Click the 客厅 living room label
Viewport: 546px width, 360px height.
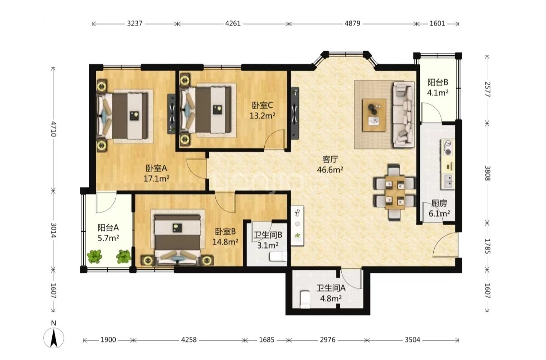point(330,160)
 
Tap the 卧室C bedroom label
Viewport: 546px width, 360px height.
point(262,106)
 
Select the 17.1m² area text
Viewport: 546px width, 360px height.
point(156,179)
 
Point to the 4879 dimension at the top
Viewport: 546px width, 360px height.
point(353,24)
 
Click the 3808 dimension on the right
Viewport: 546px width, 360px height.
point(488,173)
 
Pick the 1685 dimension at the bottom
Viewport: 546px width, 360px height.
point(267,340)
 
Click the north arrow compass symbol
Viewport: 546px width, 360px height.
point(54,337)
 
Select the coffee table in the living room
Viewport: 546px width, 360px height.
point(374,115)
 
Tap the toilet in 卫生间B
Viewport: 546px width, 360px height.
point(278,257)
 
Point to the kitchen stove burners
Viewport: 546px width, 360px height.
point(448,147)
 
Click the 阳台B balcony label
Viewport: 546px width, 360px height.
point(438,82)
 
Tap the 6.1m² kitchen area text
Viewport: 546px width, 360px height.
point(439,214)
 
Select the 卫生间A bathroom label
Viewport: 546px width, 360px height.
point(331,288)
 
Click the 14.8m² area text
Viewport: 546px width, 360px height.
point(226,242)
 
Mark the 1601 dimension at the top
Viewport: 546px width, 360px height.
point(437,24)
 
